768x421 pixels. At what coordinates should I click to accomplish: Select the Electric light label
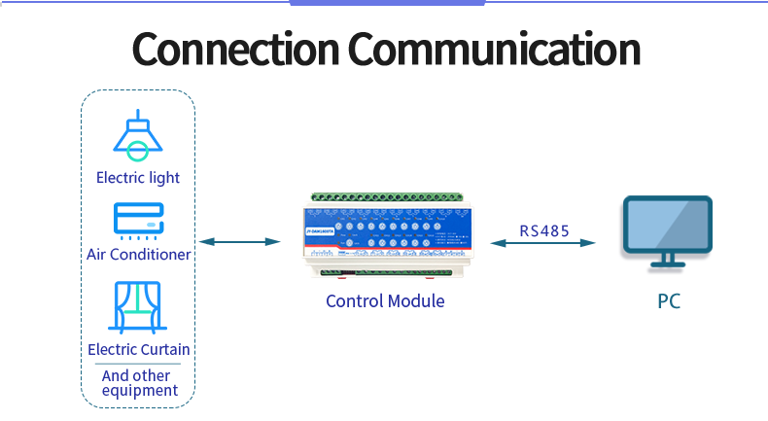pyautogui.click(x=138, y=178)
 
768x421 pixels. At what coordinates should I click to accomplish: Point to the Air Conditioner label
pyautogui.click(x=138, y=255)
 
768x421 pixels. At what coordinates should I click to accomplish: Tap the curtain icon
pyautogui.click(x=138, y=306)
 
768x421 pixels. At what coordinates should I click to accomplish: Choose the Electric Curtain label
pyautogui.click(x=138, y=349)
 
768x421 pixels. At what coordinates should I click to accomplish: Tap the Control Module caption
pyautogui.click(x=385, y=301)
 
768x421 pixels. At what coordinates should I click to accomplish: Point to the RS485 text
pyautogui.click(x=544, y=231)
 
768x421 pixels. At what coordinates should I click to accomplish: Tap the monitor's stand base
pyautogui.click(x=667, y=263)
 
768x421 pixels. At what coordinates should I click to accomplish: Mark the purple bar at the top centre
pyautogui.click(x=388, y=3)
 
